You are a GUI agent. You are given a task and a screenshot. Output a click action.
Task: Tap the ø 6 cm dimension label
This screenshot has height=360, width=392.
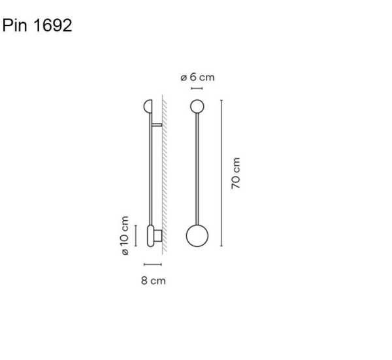tap(197, 77)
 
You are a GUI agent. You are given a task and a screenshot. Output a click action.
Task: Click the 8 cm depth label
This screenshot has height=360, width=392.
tap(153, 281)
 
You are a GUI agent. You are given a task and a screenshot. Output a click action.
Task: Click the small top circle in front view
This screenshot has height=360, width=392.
tap(197, 106)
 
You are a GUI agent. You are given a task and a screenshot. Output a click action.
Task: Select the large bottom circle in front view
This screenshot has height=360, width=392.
tap(197, 236)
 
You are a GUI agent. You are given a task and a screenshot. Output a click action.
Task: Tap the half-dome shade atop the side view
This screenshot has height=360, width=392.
tap(147, 106)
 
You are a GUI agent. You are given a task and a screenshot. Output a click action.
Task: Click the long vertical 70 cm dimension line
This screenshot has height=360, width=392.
tap(222, 173)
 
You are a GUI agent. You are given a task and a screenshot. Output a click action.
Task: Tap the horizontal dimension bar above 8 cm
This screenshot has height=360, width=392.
tap(152, 265)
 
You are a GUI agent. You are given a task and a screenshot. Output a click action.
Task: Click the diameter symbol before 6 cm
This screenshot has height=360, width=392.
tap(184, 77)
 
